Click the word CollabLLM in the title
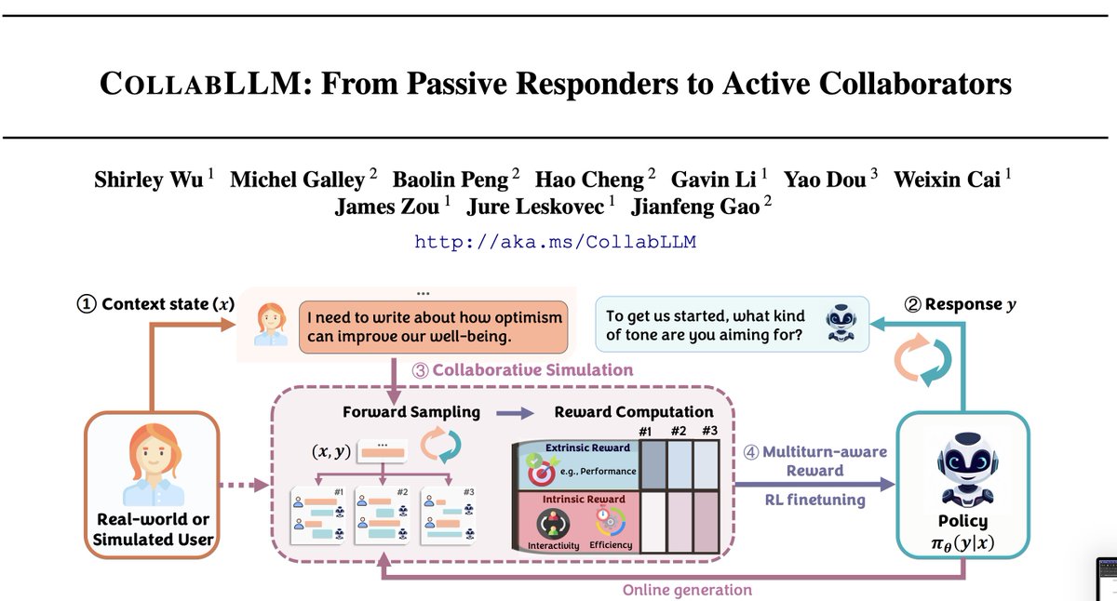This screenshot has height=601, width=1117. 200,83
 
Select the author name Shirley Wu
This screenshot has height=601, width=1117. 149,180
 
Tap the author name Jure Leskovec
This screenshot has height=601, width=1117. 535,207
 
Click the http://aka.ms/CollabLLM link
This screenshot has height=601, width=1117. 555,242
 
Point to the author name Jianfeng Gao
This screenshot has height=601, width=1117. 695,207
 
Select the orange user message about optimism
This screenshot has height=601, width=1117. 434,327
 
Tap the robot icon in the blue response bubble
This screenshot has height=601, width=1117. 841,323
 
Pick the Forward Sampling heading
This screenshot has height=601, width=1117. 410,412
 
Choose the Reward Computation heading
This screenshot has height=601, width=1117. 634,411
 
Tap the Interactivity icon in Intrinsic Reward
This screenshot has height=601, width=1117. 553,524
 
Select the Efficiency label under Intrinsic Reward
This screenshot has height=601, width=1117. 611,544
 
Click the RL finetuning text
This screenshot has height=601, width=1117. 814,500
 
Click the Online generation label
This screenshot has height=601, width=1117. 687,590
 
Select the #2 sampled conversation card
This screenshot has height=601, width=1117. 382,515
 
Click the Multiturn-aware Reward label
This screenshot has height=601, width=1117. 814,461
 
